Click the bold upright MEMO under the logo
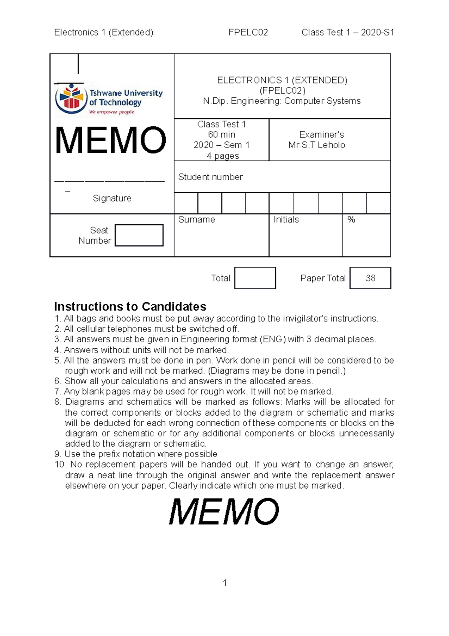[110, 140]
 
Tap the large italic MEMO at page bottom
[224, 512]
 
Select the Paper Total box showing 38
[370, 278]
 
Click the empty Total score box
[255, 278]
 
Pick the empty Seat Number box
[139, 235]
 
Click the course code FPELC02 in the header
[248, 33]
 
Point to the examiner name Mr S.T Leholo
[317, 145]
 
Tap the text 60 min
[222, 134]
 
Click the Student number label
[210, 177]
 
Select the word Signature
[112, 198]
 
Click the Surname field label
[196, 219]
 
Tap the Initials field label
[286, 219]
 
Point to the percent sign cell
[351, 219]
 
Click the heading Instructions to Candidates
[130, 306]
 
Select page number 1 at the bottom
[224, 583]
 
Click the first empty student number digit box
[186, 203]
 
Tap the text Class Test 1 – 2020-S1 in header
[348, 33]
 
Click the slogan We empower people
[112, 112]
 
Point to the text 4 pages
[223, 155]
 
